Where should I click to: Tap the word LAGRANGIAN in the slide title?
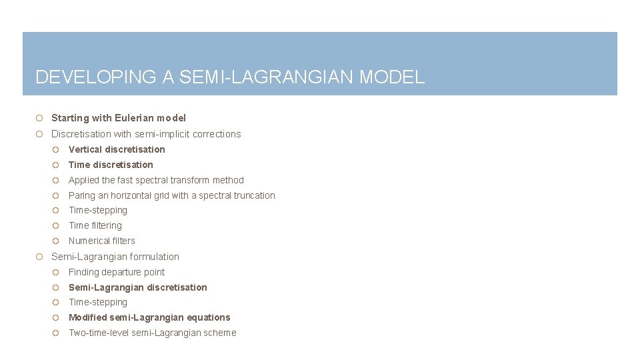pyautogui.click(x=285, y=77)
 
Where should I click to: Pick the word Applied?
pyautogui.click(x=84, y=180)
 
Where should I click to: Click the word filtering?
pyautogui.click(x=107, y=225)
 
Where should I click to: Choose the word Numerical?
pyautogui.click(x=89, y=241)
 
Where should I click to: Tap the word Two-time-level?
pyautogui.click(x=99, y=333)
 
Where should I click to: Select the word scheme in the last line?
pyautogui.click(x=221, y=333)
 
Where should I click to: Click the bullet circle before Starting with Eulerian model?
pyautogui.click(x=40, y=118)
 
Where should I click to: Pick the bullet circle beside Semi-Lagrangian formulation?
pyautogui.click(x=40, y=257)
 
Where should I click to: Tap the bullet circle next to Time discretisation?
pyautogui.click(x=57, y=165)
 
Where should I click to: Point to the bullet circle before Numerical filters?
pyautogui.click(x=57, y=241)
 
